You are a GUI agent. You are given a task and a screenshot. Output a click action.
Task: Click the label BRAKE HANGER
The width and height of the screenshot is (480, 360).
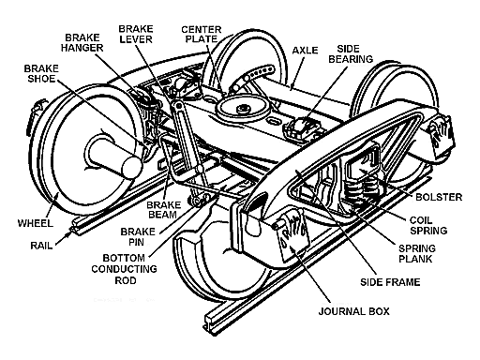click(84, 39)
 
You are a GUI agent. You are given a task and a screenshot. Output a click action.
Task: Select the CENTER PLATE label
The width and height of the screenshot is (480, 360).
click(201, 22)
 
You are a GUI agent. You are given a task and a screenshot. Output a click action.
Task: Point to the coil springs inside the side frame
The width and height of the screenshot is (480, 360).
click(360, 188)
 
